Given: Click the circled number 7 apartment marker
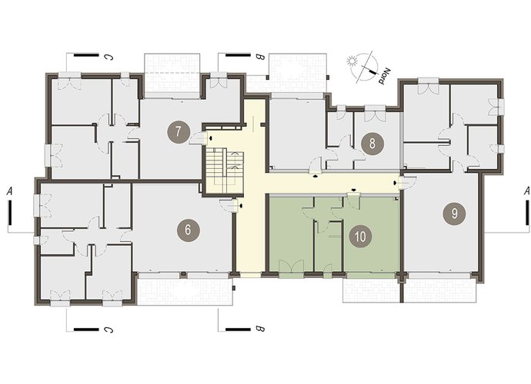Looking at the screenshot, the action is click(179, 132).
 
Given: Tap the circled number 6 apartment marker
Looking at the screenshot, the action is click(189, 230).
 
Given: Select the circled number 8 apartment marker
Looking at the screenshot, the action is click(372, 144).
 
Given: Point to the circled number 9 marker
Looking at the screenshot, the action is click(454, 214).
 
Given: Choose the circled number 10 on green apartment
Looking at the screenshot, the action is click(360, 237).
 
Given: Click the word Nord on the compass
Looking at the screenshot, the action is click(384, 76).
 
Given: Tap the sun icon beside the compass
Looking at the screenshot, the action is click(352, 61).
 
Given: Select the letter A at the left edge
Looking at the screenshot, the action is click(9, 191).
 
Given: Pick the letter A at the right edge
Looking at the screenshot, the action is click(526, 191).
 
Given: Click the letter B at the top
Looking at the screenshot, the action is click(260, 58).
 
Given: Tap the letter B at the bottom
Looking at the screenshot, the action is click(260, 329).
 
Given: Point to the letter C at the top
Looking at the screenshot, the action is click(109, 58).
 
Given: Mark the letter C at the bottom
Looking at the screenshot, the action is click(109, 329).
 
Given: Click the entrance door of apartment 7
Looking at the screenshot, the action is click(199, 138).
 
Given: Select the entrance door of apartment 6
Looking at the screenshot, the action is click(229, 205).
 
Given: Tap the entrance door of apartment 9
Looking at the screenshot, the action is click(407, 183).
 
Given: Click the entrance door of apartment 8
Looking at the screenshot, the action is click(316, 165).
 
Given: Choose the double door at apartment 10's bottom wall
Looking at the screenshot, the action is click(291, 267).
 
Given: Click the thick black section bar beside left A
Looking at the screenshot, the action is click(10, 213).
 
